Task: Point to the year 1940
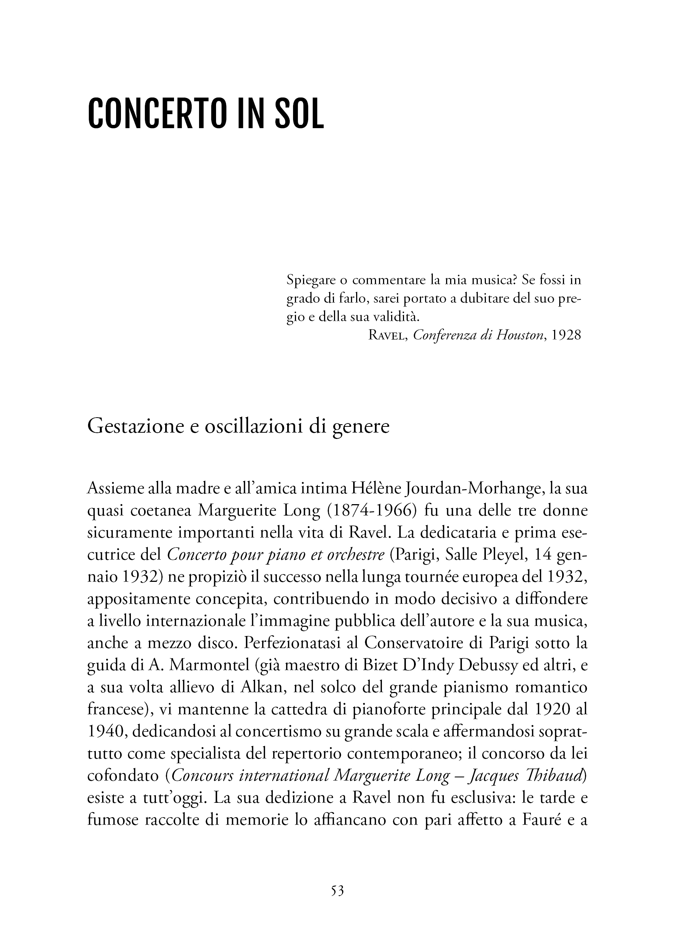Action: (106, 734)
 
